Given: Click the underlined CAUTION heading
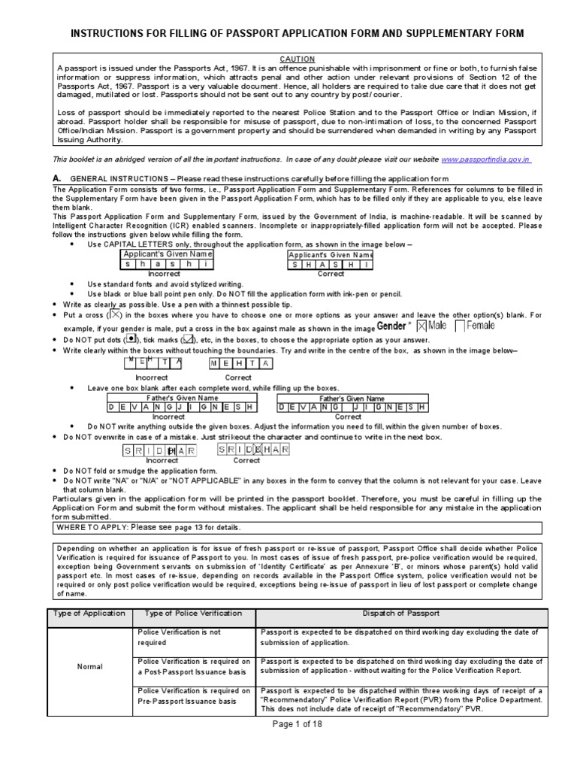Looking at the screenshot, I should click(x=298, y=59).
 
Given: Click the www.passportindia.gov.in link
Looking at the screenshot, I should click(x=486, y=159).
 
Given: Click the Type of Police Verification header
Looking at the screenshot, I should click(x=194, y=614).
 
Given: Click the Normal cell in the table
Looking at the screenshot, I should click(x=89, y=667).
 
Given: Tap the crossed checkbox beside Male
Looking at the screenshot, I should click(x=421, y=326).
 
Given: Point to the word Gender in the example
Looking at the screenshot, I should click(x=391, y=326).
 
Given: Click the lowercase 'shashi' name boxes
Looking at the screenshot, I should click(x=168, y=265).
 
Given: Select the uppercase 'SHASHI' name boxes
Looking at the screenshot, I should click(x=331, y=265).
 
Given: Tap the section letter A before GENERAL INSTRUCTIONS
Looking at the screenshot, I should click(x=56, y=178).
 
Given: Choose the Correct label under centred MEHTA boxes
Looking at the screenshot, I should click(x=239, y=377).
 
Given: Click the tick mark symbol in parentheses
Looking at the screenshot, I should click(x=186, y=340).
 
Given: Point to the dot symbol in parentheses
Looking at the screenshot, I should click(x=131, y=339).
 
